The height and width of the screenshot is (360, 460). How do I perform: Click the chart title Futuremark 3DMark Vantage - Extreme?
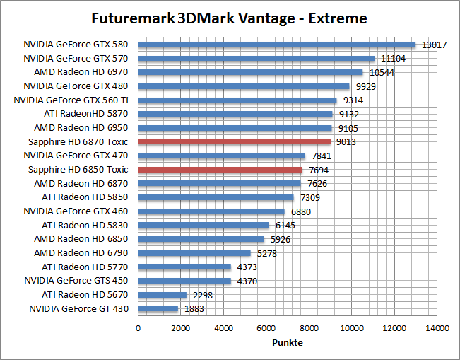coord(230,17)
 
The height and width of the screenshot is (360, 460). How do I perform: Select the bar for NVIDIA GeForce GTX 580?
coord(276,45)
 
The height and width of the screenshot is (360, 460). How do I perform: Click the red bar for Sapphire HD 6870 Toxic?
coord(234,141)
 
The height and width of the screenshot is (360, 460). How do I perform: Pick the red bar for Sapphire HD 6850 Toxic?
coord(220,170)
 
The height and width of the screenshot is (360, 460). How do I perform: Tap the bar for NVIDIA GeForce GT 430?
coord(158,308)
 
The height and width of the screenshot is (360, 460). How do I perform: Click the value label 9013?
coord(346,141)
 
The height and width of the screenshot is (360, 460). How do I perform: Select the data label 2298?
coord(203,295)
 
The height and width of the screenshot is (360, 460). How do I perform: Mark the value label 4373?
coord(247,267)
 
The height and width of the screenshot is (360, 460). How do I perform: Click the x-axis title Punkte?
coord(288,342)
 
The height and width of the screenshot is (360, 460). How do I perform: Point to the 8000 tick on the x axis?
coord(309,328)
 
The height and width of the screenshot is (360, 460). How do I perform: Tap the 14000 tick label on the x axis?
coord(437,328)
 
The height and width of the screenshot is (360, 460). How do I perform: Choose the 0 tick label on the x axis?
coord(138,328)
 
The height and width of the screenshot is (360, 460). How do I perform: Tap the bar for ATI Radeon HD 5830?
coord(204,225)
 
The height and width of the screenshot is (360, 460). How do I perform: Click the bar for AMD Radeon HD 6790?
coord(194,252)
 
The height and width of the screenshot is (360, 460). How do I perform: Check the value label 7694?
coord(318,170)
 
